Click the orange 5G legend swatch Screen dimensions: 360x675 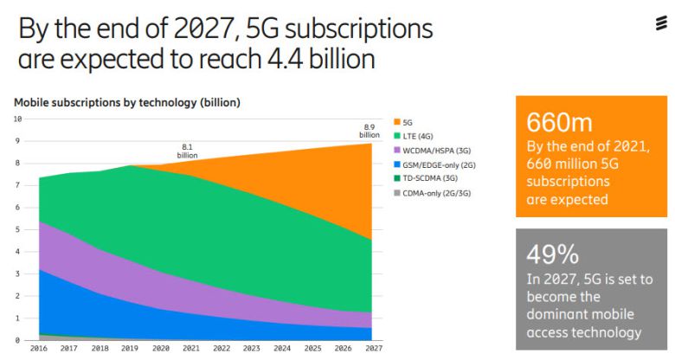pyautogui.click(x=396, y=121)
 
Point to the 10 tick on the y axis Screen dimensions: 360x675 pyautogui.click(x=16, y=119)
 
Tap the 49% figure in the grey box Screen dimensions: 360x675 pyautogui.click(x=554, y=254)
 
